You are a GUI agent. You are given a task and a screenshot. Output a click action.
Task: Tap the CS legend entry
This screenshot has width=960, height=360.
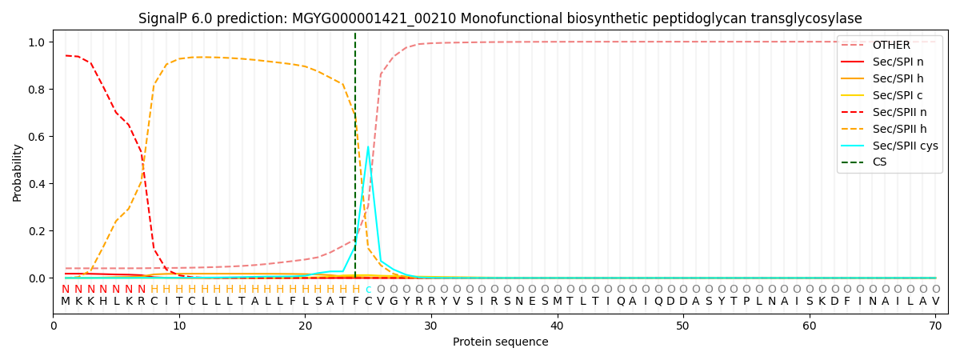(x=879, y=162)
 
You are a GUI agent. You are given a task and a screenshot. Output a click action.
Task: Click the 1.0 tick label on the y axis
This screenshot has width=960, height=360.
(x=35, y=42)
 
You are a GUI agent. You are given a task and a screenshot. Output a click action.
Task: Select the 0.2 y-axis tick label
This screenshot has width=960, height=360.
(x=35, y=231)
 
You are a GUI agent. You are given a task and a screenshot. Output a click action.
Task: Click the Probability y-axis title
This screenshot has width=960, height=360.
(x=17, y=172)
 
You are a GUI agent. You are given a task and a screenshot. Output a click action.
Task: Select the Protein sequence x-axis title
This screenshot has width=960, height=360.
(x=500, y=342)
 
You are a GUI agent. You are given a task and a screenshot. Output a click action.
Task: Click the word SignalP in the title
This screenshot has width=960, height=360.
(x=163, y=18)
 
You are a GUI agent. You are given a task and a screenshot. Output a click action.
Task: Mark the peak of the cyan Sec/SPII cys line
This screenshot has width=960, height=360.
(x=368, y=146)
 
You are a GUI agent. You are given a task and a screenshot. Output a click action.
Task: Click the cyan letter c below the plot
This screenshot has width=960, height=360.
(x=368, y=290)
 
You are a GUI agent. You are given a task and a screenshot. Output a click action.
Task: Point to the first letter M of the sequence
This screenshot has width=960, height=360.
(x=66, y=302)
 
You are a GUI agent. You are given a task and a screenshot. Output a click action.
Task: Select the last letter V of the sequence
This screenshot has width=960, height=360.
(x=935, y=302)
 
